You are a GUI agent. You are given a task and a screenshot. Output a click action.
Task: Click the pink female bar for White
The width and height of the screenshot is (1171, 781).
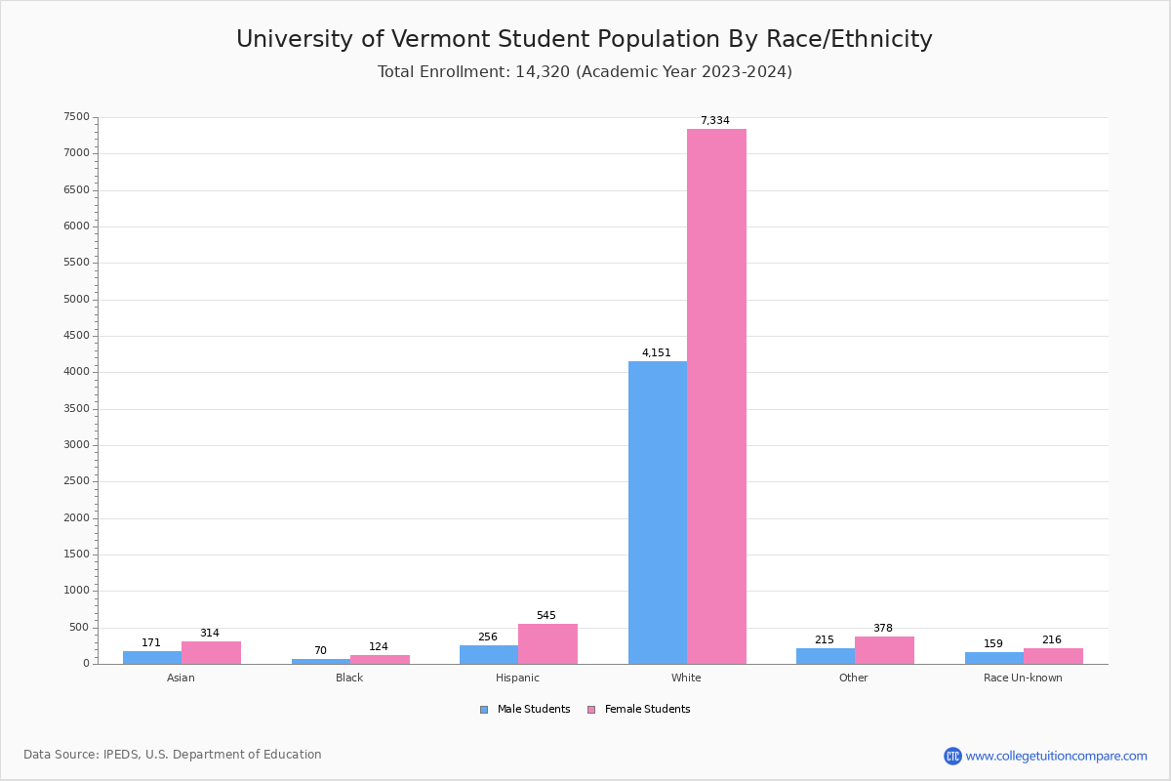[x=716, y=395]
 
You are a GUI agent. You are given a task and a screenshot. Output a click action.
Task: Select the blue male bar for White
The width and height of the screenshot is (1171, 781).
[x=657, y=513]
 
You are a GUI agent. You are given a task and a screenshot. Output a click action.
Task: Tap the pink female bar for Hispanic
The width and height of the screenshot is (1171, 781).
[x=547, y=644]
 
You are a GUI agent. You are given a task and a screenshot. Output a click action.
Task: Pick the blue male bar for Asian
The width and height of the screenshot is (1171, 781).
[x=152, y=657]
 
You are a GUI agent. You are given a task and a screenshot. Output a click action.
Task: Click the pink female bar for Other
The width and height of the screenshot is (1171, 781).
[x=884, y=650]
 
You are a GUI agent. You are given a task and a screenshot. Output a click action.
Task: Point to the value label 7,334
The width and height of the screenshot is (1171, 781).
[x=714, y=121]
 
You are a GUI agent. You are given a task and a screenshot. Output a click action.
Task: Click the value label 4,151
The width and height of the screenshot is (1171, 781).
[x=656, y=353]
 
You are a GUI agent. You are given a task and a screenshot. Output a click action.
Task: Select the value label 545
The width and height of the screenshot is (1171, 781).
[x=545, y=616]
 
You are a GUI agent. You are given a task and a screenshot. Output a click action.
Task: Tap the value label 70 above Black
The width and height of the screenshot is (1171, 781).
[x=320, y=651]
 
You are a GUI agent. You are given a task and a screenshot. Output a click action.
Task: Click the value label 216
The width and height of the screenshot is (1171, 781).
[x=1051, y=640]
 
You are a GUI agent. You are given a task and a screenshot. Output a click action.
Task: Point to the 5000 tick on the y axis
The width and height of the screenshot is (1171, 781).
[x=76, y=300]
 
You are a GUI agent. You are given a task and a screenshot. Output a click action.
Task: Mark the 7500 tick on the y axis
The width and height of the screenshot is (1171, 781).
[x=76, y=117]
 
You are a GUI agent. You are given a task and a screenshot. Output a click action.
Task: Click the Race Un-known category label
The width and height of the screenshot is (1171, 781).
[x=1023, y=678]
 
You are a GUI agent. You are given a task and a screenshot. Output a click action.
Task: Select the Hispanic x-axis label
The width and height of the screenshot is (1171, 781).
[x=517, y=678]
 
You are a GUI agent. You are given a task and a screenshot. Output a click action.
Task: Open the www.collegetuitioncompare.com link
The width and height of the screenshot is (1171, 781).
[x=1056, y=756]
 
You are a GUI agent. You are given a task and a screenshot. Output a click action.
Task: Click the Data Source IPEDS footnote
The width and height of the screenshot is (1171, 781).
[x=173, y=755]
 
